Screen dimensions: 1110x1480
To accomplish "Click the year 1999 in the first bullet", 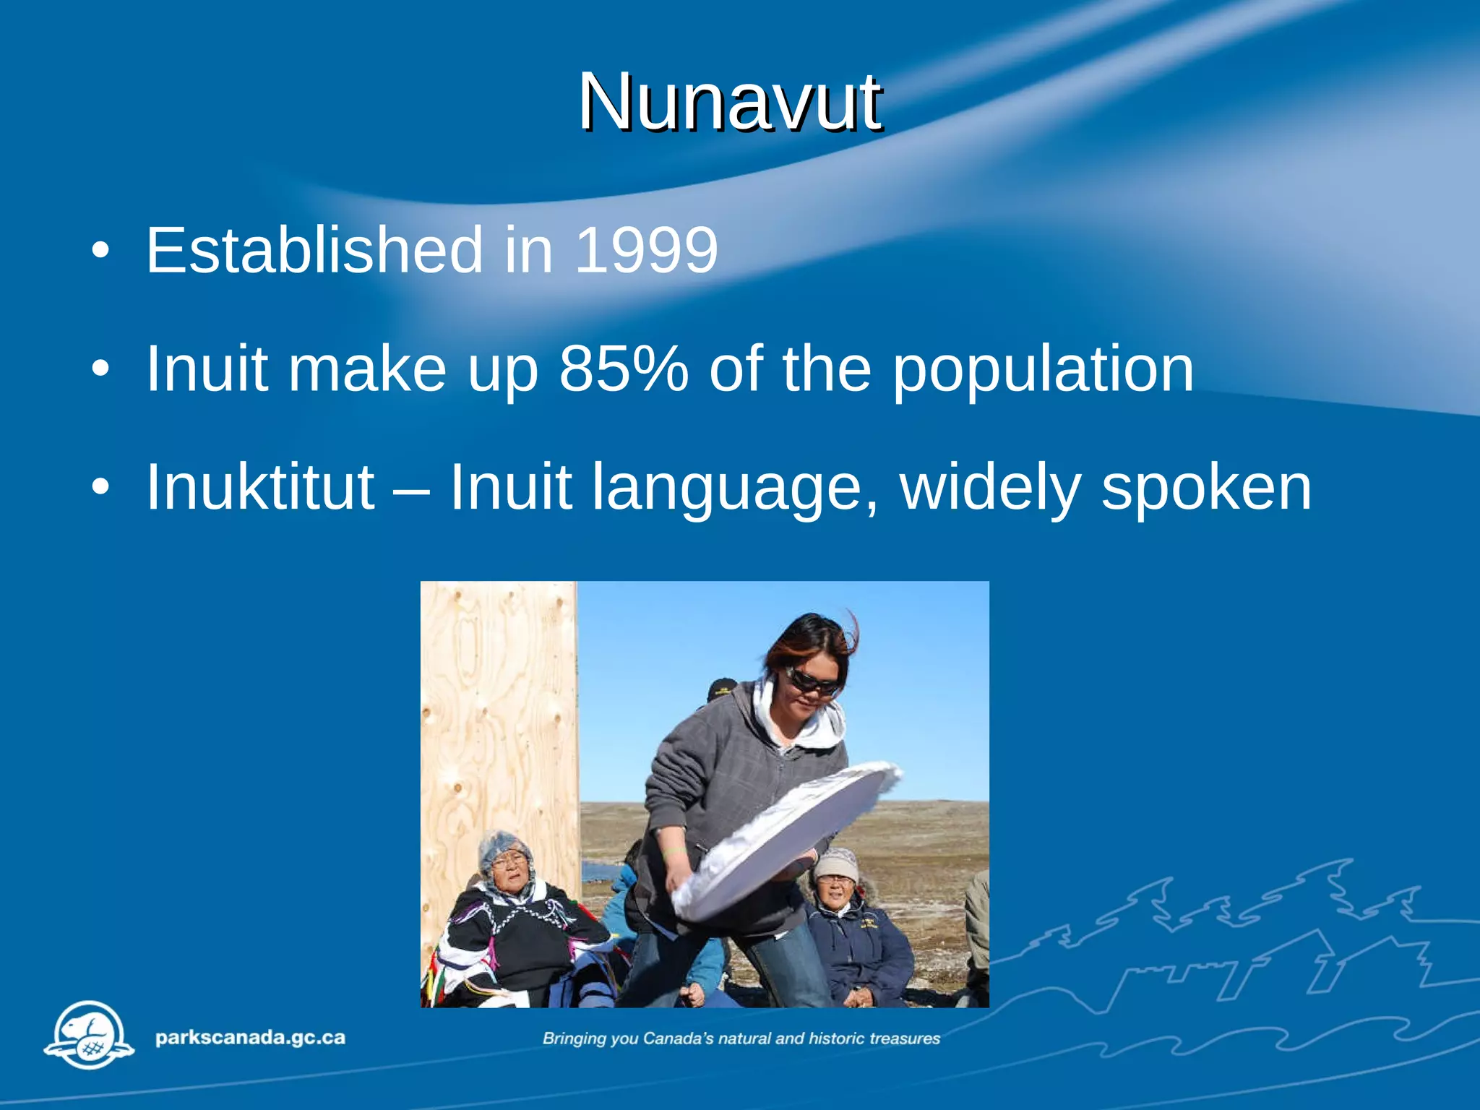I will [646, 250].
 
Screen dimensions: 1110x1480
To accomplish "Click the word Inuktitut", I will [260, 487].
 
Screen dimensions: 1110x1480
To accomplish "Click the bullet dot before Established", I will [100, 251].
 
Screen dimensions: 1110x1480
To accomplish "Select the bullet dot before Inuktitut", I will [100, 487].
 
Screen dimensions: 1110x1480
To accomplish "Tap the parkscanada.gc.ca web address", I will [250, 1038].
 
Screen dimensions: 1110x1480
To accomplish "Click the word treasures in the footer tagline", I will [904, 1038].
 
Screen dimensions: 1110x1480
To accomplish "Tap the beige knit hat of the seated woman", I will [835, 864].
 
